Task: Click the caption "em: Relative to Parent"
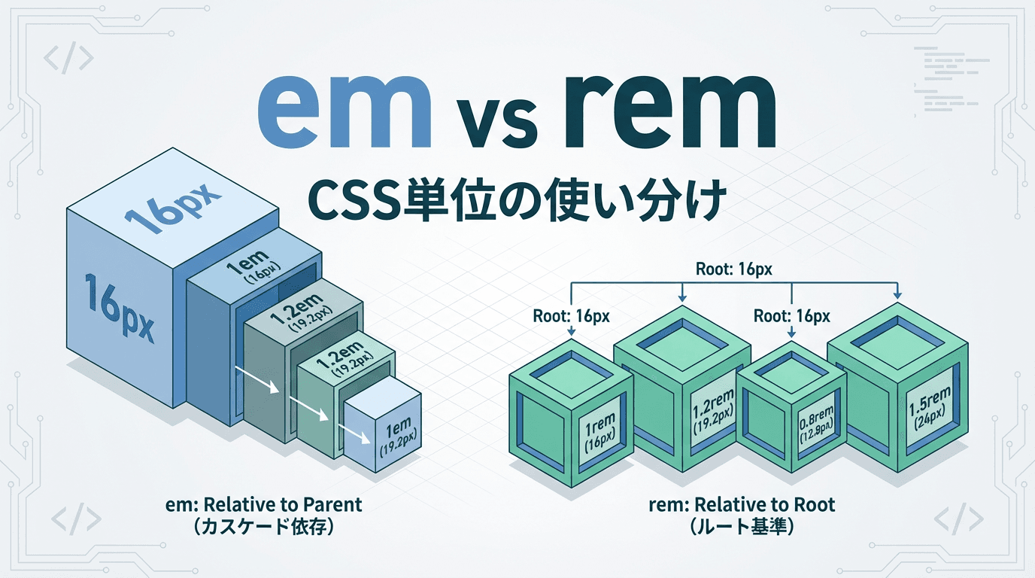[x=264, y=504]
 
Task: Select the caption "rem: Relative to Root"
[x=742, y=504]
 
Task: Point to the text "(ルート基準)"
[x=742, y=528]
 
